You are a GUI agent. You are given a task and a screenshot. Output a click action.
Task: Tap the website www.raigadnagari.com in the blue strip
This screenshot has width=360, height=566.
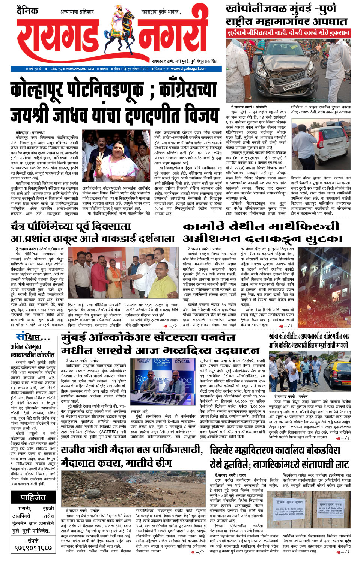tap(188, 69)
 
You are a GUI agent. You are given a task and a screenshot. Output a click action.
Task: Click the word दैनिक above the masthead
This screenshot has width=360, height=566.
tap(27, 11)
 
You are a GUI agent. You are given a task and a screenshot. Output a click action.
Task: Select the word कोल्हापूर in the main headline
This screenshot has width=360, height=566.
tap(36, 91)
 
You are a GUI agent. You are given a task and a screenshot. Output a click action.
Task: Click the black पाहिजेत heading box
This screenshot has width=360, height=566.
tap(33, 498)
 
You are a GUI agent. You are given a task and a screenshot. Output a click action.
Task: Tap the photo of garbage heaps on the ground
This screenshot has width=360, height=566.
tap(134, 488)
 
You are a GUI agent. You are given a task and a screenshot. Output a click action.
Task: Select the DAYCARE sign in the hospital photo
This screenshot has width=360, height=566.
tap(182, 361)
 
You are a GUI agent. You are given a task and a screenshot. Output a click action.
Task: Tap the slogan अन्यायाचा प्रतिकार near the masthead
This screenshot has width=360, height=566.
tap(77, 12)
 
